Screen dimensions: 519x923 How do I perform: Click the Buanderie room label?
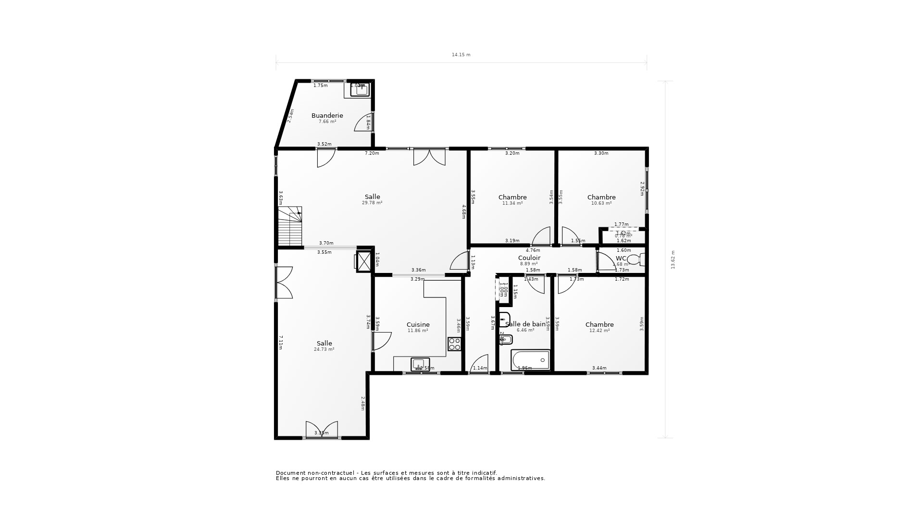[327, 116]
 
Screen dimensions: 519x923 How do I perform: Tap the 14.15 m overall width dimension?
[461, 55]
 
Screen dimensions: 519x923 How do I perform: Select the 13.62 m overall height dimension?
[673, 259]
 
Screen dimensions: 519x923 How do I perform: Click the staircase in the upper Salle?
[290, 226]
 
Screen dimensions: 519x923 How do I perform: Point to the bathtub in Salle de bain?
[531, 360]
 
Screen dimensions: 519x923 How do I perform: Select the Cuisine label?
[418, 325]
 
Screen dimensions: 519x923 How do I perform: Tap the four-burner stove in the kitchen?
[454, 344]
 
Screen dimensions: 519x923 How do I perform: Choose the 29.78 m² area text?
[372, 203]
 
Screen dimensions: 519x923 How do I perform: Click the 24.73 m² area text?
[324, 350]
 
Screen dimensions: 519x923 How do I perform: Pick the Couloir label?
[529, 258]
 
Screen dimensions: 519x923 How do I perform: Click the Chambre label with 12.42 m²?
[599, 325]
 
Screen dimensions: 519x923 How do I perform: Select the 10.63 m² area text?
[601, 203]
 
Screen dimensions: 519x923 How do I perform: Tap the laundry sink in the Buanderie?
[359, 89]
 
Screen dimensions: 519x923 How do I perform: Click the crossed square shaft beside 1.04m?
[364, 261]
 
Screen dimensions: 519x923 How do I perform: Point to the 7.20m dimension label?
[372, 153]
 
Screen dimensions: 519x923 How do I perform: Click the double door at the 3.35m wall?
[322, 429]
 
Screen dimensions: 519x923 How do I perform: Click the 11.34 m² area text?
[512, 203]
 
